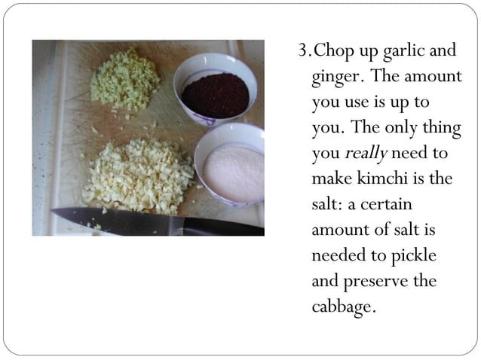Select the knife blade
pos(113,220)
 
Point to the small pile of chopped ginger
pos(124,80)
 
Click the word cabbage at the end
pos(342,307)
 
